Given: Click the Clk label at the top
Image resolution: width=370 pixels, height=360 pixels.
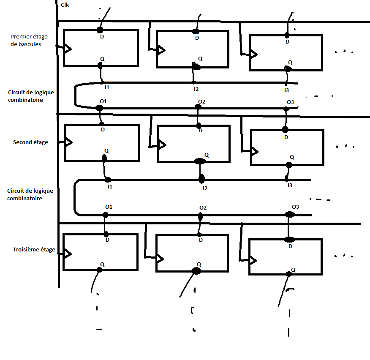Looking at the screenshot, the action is click(x=65, y=5).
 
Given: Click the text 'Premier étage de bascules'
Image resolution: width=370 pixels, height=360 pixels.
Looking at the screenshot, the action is click(x=29, y=41).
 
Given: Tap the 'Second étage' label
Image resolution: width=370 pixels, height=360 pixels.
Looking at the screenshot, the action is click(x=30, y=142).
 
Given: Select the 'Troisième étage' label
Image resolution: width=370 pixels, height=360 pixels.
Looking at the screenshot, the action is click(x=34, y=250).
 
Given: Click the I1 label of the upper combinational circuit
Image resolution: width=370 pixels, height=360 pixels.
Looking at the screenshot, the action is click(x=107, y=87).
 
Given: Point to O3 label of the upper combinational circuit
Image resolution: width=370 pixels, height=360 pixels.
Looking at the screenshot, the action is click(x=290, y=102).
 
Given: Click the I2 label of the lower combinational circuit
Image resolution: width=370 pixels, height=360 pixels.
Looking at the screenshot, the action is click(x=205, y=188).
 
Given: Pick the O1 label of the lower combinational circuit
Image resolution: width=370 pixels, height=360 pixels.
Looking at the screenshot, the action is click(x=109, y=207).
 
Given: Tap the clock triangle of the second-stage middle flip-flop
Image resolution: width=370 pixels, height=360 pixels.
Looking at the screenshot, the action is click(x=162, y=145).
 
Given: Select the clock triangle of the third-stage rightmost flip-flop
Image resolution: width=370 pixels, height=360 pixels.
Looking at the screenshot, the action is click(x=253, y=261).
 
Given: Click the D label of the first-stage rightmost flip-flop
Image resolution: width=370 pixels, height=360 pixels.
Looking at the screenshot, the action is click(x=287, y=42).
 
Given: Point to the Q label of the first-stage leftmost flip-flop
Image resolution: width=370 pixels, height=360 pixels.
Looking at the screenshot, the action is click(x=102, y=59).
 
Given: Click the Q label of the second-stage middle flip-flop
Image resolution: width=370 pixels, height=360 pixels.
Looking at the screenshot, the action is click(x=207, y=155).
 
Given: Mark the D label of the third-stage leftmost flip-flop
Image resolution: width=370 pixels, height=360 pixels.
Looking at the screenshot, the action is click(x=107, y=240).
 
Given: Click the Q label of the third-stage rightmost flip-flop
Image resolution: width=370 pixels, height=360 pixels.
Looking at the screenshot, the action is click(x=293, y=270).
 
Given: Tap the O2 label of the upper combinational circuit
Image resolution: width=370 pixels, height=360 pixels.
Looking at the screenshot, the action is click(x=202, y=101).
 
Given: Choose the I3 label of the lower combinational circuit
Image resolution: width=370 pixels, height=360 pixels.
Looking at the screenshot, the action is click(x=290, y=185).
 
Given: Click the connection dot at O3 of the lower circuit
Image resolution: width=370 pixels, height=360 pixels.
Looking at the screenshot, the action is click(x=290, y=214).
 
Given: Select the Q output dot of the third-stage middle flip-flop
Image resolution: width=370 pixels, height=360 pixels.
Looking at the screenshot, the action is click(x=196, y=271).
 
